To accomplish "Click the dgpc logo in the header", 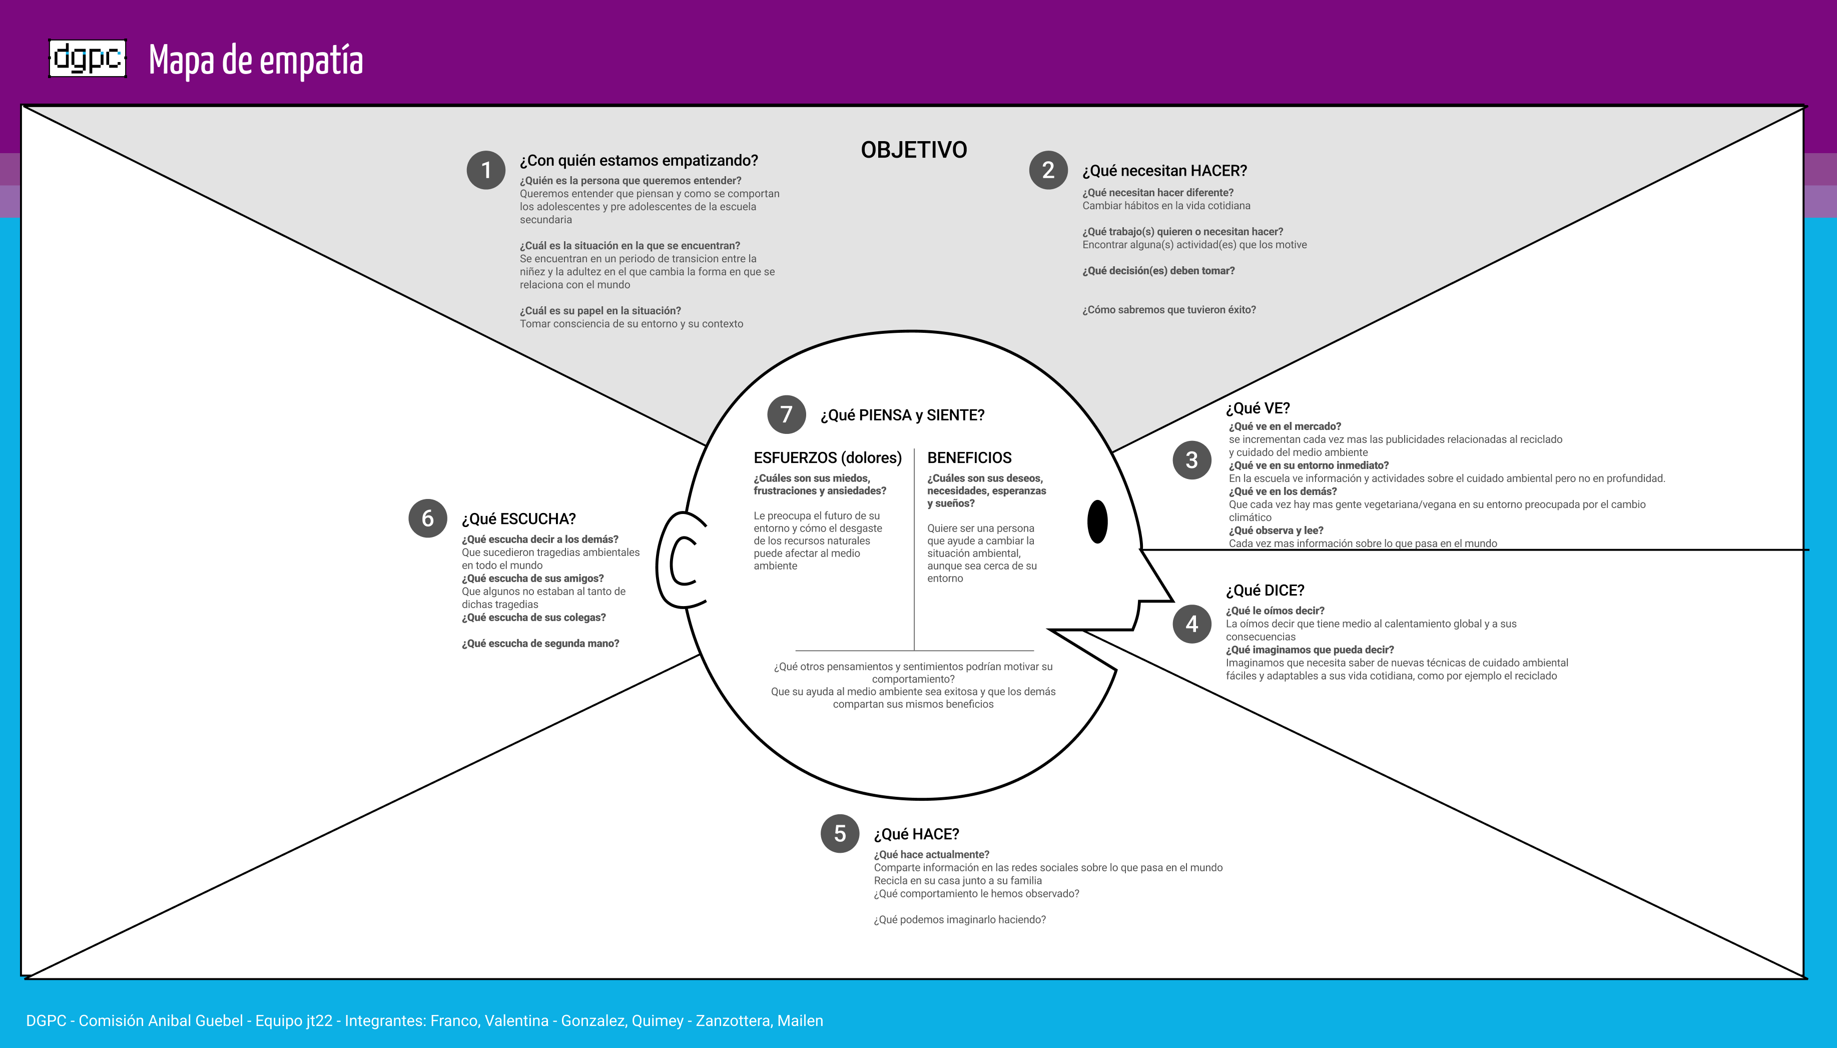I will (87, 58).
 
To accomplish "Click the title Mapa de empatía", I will (255, 61).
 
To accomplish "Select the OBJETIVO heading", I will (914, 150).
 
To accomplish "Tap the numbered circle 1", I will (486, 170).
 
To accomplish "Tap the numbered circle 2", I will (1048, 170).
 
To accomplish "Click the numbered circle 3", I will (1191, 460).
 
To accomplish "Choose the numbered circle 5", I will (840, 833).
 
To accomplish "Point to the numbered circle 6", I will (427, 518).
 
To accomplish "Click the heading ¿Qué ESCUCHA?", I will (518, 519).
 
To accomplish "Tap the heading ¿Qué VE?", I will (1258, 408).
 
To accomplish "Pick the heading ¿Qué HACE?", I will (916, 834).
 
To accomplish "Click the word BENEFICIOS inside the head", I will (969, 458).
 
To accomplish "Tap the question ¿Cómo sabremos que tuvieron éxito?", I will (1168, 309).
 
